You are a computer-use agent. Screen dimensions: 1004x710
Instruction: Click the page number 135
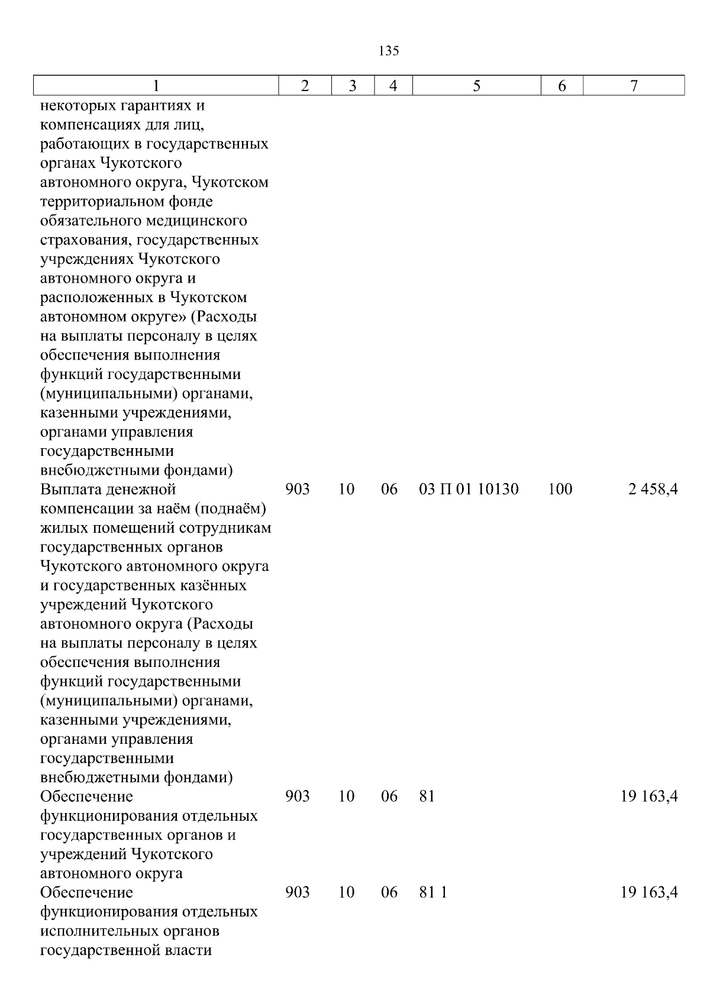tap(388, 51)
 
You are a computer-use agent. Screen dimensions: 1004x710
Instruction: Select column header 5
tap(476, 86)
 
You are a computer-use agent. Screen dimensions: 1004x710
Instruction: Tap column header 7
tap(634, 86)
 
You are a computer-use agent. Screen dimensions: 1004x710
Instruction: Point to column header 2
tap(305, 86)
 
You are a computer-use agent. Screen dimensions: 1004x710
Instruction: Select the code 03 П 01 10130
tap(469, 489)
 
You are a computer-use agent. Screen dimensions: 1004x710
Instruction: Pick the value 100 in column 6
tap(560, 489)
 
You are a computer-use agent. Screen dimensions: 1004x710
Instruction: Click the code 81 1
tap(433, 892)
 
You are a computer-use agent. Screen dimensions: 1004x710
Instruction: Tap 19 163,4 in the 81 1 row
tap(649, 892)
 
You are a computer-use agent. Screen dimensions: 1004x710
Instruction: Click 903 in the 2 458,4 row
tap(298, 489)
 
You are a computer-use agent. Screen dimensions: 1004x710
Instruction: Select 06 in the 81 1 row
tap(389, 892)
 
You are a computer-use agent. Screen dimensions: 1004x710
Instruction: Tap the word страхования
tap(78, 241)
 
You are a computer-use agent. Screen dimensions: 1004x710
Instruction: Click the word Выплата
tap(69, 490)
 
